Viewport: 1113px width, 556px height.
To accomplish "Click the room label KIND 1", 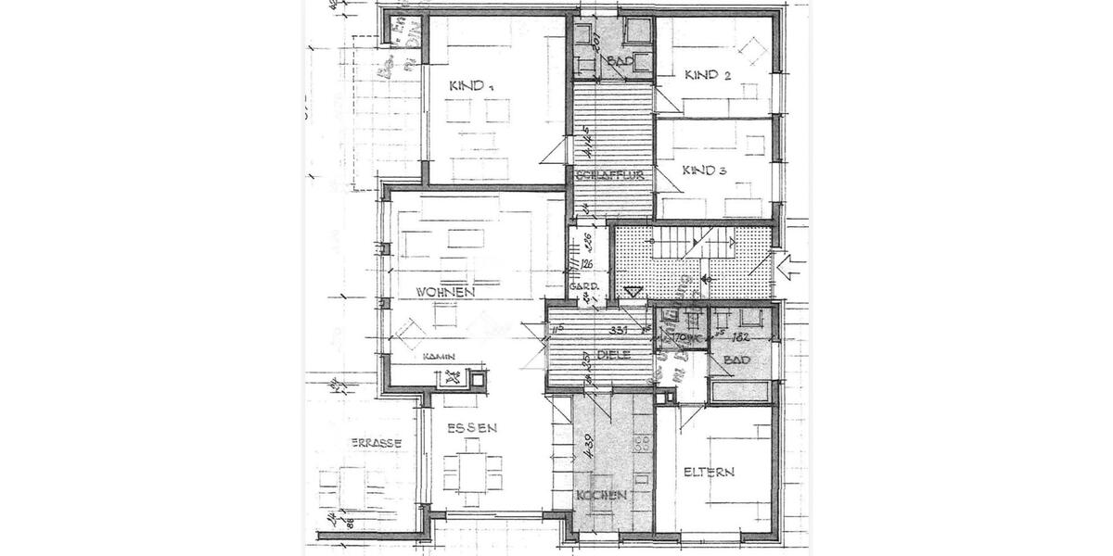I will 471,86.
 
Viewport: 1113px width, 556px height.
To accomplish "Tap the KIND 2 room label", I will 707,75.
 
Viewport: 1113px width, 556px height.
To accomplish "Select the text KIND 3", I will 704,171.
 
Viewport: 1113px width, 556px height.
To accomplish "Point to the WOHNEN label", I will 446,292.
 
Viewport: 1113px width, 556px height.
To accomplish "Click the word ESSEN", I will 471,427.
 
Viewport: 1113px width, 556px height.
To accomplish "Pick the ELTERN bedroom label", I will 709,472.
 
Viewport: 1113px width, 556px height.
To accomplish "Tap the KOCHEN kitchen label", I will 601,496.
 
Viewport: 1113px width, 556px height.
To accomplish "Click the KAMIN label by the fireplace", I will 438,356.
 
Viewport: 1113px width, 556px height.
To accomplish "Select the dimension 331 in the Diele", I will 619,329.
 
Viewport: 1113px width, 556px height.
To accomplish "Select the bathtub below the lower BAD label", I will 739,390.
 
